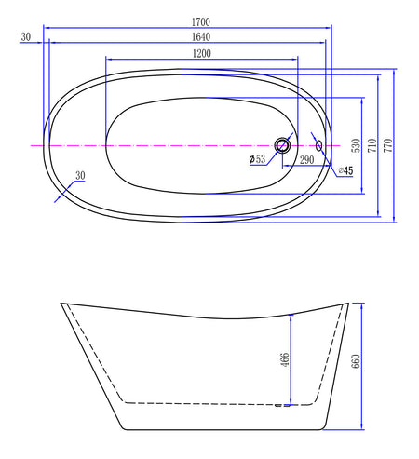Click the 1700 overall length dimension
click(201, 22)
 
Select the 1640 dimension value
click(201, 37)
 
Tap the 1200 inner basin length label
click(202, 54)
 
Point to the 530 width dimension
click(357, 145)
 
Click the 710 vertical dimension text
click(372, 145)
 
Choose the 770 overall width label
click(388, 145)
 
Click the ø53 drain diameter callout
click(257, 159)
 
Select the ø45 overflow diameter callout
click(345, 170)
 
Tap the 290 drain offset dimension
click(306, 160)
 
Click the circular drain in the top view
click(282, 145)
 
